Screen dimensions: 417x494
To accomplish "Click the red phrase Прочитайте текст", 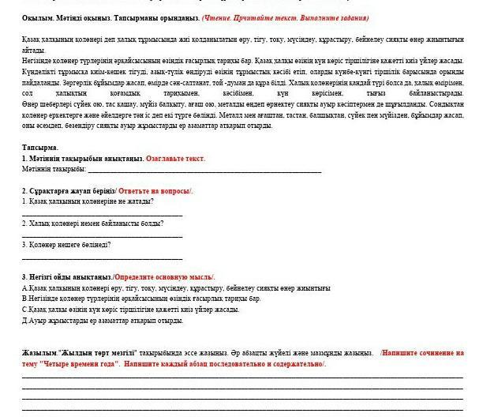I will (x=275, y=17).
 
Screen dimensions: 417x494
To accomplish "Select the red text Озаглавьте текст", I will (x=175, y=159).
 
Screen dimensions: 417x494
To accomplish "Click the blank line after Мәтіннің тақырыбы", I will (x=204, y=171).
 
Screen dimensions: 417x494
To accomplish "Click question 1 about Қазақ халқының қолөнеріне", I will (x=88, y=201).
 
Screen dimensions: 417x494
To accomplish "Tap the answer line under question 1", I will (x=103, y=213).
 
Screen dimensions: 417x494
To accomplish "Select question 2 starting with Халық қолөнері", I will (x=93, y=224).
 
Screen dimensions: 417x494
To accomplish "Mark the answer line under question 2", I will (x=103, y=235).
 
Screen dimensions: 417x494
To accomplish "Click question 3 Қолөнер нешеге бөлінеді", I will (x=66, y=246).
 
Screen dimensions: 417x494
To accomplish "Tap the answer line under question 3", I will (x=103, y=257).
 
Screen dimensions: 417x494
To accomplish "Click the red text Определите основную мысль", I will (x=163, y=277).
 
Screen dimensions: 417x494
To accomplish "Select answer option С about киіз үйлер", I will (x=130, y=310).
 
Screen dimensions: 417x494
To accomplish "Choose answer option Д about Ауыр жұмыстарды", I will (x=103, y=321).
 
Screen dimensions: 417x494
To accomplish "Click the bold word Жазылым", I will (x=40, y=353).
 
